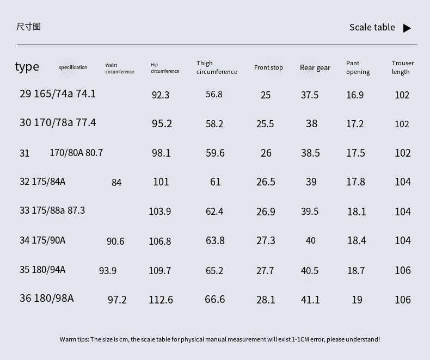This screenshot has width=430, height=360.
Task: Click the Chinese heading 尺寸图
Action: (28, 27)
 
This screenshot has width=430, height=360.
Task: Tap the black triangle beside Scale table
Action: (407, 28)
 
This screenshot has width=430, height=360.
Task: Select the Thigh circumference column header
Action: (217, 67)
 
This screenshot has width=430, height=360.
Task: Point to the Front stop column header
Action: (268, 67)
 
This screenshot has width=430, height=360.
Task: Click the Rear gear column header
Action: (315, 67)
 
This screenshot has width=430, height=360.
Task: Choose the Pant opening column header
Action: (358, 67)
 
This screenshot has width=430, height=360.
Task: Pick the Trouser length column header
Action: (403, 67)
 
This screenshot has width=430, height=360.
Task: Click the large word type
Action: (27, 67)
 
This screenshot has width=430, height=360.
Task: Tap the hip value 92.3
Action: (161, 95)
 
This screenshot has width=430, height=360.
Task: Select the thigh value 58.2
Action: (214, 124)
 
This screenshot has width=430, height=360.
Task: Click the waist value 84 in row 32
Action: (116, 183)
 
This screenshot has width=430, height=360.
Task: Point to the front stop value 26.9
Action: (266, 212)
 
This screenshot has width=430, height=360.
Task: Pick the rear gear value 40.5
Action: (310, 271)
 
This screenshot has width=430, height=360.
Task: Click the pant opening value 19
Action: (357, 300)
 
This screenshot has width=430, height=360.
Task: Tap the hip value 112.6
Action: (161, 300)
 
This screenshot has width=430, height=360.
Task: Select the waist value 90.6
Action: (115, 241)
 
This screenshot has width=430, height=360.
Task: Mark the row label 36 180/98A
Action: (47, 298)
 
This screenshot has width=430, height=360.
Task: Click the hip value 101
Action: (161, 182)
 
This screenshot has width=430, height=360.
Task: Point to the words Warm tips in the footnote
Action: (74, 339)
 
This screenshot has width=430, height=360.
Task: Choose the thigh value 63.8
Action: (215, 240)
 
